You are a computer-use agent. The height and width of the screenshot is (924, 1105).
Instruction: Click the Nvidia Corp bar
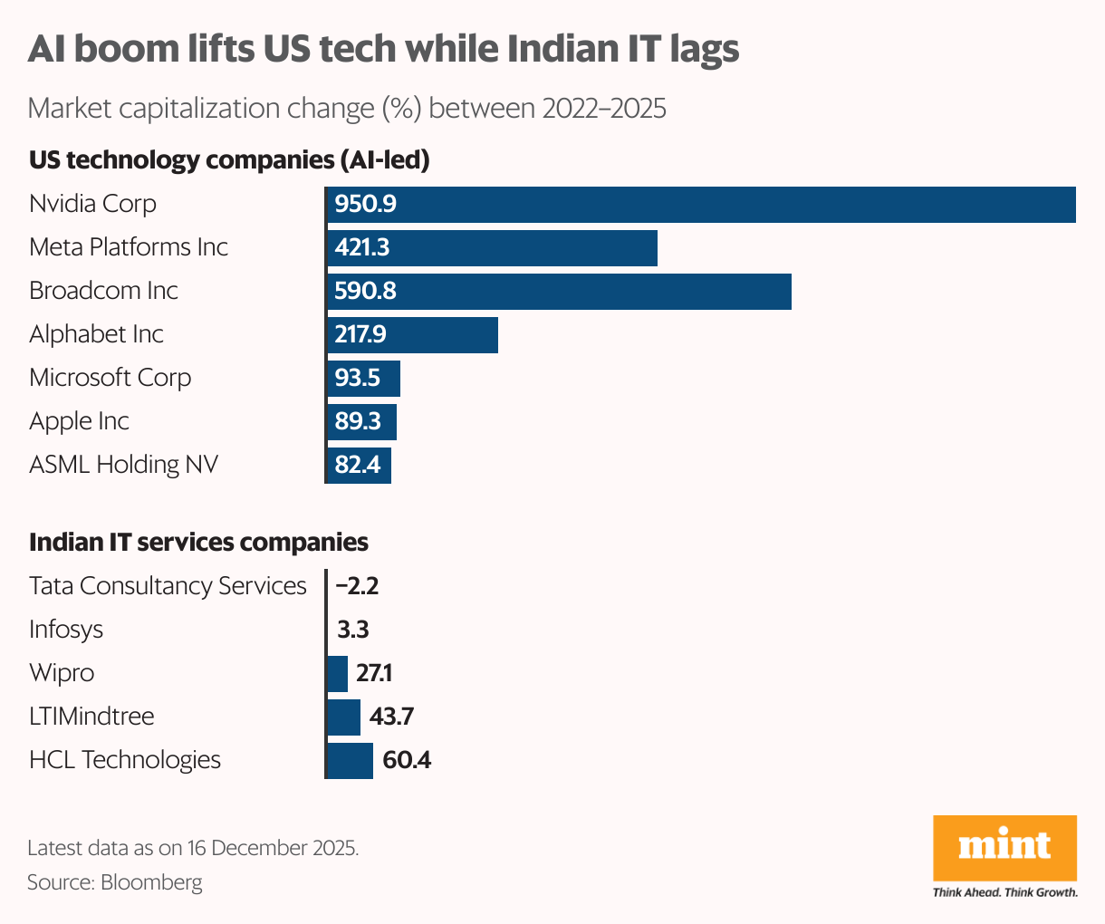pos(700,204)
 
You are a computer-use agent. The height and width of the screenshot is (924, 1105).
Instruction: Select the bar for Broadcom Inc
pos(558,291)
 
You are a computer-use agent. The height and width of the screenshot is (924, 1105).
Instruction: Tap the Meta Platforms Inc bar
pos(491,247)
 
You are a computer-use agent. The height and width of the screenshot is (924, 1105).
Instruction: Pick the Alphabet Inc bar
pos(411,334)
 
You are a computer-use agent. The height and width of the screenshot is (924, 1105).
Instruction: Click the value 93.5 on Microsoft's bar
pos(358,378)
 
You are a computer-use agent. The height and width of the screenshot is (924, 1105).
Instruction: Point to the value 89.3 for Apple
pos(358,421)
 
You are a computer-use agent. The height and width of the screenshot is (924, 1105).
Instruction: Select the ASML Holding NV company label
pos(123,465)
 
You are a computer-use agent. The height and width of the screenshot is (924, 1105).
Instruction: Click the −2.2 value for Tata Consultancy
pos(357,586)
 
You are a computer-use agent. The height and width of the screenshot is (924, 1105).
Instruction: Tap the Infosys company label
pos(66,630)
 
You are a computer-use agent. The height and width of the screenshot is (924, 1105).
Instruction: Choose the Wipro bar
pos(337,673)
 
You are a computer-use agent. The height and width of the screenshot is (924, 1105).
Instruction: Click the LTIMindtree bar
pos(343,717)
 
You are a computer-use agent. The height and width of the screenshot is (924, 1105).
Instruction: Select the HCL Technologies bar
pos(350,760)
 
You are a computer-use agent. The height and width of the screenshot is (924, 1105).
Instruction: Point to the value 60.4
pos(407,760)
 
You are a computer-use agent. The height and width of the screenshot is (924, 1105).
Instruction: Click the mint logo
pos(1004,847)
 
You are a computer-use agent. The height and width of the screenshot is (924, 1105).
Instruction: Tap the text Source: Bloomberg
pos(115,881)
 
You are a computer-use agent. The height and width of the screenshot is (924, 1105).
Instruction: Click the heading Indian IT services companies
pos(198,543)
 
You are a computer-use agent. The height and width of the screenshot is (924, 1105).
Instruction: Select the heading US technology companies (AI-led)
pos(229,160)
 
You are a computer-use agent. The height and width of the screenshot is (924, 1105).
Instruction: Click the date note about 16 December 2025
pos(193,848)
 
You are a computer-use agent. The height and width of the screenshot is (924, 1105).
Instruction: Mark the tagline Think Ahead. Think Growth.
pos(1004,892)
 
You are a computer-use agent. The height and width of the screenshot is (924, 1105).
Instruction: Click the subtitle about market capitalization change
pos(347,109)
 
